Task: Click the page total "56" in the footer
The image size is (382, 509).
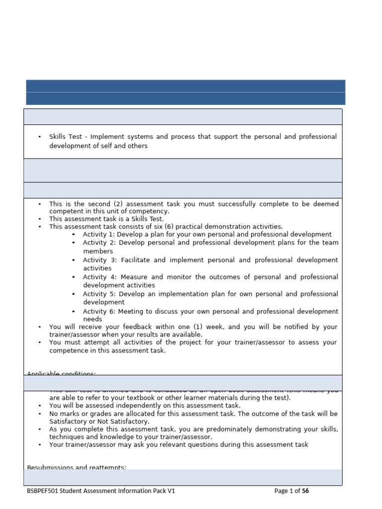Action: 305,491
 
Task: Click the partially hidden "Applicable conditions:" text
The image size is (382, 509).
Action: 61,373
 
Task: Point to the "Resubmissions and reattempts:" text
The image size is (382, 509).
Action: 76,467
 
